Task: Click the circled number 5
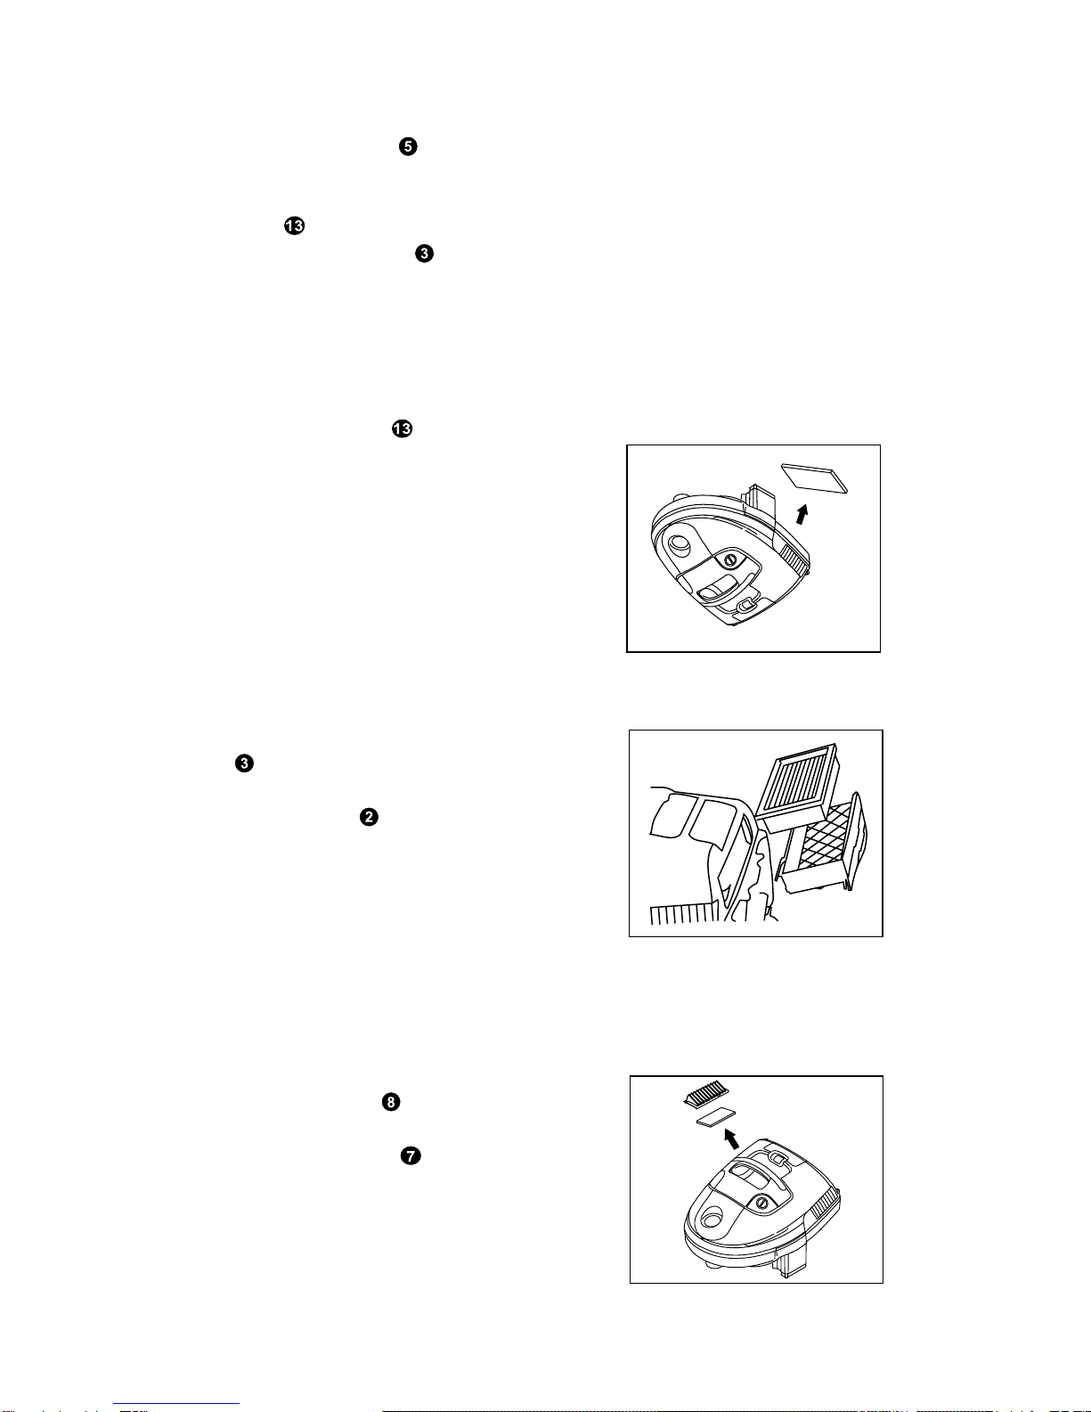coord(408,146)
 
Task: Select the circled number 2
coord(369,817)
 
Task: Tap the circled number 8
coord(391,1102)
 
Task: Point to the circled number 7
coord(411,1156)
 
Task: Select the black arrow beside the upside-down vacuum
coord(802,514)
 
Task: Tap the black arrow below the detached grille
coord(731,1139)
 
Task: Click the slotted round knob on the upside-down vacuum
coord(730,559)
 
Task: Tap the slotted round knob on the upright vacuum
coord(762,1204)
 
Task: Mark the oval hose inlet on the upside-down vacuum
coord(680,543)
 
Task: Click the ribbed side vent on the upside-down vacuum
coord(794,559)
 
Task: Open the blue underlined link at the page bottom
coord(176,1405)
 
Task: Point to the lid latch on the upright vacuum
coord(777,1158)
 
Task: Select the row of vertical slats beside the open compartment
coord(684,914)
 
